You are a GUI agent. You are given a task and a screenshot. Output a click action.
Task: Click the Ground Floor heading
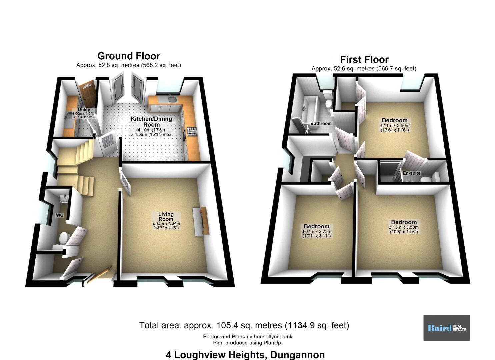(x=129, y=56)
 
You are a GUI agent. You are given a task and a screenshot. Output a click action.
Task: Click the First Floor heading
(x=364, y=59)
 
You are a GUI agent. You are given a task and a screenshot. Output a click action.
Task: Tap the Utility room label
(x=84, y=110)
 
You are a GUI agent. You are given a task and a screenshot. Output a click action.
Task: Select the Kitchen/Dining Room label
(x=151, y=122)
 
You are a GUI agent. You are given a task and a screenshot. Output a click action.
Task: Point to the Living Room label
(x=166, y=217)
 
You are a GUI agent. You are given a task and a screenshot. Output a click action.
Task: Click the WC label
(x=60, y=215)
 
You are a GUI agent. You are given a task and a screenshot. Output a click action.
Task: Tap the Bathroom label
(x=321, y=124)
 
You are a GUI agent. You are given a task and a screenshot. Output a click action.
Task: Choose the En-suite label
(x=411, y=173)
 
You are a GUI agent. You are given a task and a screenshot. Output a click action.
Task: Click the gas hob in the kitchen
(x=192, y=131)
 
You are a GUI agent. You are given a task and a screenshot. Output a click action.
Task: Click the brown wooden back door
(x=87, y=93)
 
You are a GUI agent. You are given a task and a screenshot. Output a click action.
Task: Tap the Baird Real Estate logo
(x=447, y=328)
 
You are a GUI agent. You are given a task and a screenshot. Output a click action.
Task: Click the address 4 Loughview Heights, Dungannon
(x=245, y=355)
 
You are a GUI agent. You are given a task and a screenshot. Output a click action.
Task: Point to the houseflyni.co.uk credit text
(x=247, y=337)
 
